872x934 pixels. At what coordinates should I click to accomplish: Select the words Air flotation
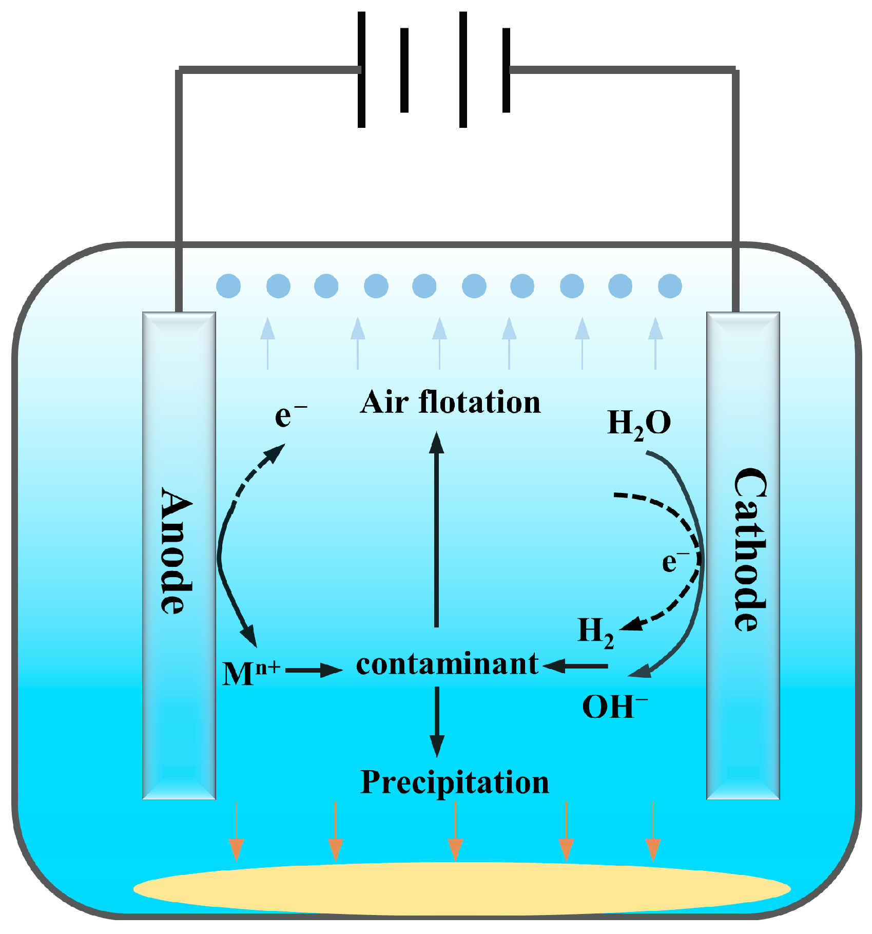(450, 402)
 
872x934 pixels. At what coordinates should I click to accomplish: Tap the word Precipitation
(454, 783)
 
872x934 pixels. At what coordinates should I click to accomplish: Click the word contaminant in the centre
(447, 664)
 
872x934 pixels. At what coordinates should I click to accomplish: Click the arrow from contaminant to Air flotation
(437, 529)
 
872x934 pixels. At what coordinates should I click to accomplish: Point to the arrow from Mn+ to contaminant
(313, 670)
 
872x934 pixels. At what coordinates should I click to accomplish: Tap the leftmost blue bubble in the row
(228, 286)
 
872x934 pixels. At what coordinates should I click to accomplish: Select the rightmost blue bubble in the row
(670, 286)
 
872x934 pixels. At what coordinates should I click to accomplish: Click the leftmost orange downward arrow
(236, 832)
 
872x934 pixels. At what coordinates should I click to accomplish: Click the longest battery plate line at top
(463, 69)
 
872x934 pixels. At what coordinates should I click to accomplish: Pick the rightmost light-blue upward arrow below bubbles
(655, 343)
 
